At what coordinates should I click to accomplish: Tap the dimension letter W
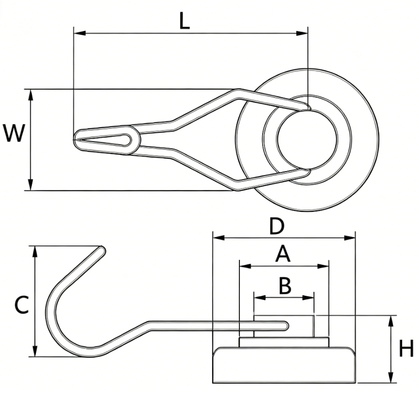(14, 134)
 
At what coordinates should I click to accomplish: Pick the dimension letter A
(283, 255)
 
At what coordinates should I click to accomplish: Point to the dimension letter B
(284, 286)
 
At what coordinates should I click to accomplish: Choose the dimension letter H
(407, 349)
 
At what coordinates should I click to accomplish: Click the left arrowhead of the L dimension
(77, 33)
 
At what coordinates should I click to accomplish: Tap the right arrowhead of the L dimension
(304, 33)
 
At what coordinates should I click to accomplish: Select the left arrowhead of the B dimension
(257, 298)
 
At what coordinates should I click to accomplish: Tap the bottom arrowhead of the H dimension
(391, 379)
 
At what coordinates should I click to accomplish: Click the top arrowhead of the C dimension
(34, 250)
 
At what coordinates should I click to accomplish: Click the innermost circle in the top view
(307, 138)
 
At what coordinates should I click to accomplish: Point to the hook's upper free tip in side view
(101, 250)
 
